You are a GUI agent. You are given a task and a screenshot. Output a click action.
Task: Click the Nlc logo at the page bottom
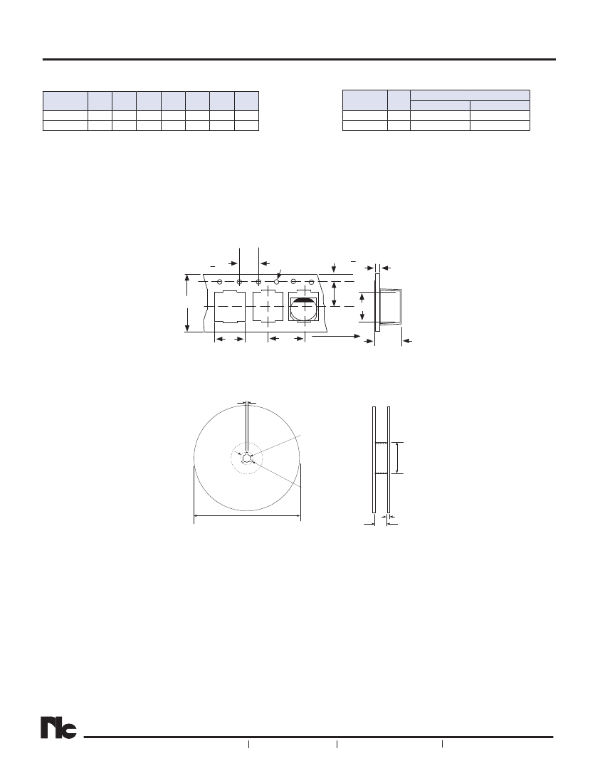[x=59, y=729]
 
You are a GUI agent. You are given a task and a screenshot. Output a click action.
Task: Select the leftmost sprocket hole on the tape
[x=220, y=282]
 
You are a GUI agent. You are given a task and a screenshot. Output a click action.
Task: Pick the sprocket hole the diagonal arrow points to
[x=277, y=282]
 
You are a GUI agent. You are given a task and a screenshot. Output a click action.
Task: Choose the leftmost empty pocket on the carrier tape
[x=230, y=306]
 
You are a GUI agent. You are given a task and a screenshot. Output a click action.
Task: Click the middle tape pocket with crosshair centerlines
[x=268, y=306]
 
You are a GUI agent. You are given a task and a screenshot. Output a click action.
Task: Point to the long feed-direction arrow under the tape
[x=336, y=337]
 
